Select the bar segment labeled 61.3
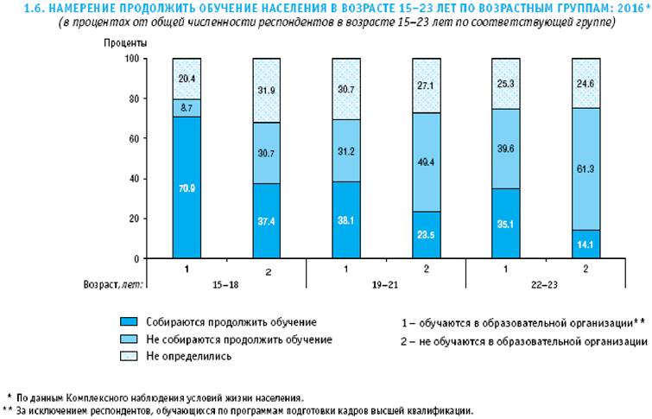coord(586,168)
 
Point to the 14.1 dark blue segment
coord(586,244)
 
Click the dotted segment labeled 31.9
coord(266,90)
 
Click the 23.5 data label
coord(427,232)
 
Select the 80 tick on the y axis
coord(131,98)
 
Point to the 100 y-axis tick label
coord(130,59)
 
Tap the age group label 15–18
coord(227,283)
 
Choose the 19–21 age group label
coord(386,283)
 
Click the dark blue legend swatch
coord(130,322)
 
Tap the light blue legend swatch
coord(130,339)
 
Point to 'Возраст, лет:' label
coord(114,283)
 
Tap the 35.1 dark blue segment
coord(506,223)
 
